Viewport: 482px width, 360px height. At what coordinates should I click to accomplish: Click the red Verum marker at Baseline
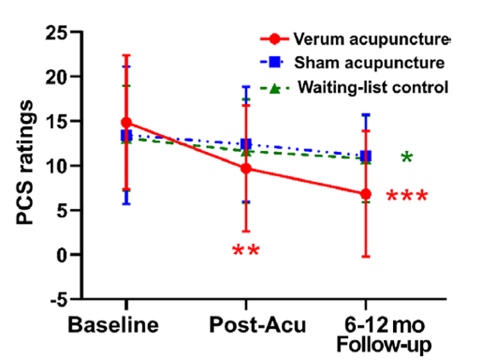pos(126,123)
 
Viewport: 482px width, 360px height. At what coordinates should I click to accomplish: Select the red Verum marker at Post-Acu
pos(246,169)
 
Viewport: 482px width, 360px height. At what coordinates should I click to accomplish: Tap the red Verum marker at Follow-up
pos(365,194)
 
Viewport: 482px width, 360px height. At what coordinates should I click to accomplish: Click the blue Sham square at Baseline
pos(126,136)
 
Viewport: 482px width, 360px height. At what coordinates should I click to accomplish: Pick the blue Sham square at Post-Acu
pos(246,144)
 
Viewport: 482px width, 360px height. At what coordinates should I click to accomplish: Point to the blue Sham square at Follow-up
pos(365,156)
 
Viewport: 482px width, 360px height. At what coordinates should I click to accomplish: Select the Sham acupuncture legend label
pos(369,63)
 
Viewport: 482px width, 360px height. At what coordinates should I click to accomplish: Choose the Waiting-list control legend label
pos(373,87)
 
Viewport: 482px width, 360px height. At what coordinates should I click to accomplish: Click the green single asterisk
pos(406,158)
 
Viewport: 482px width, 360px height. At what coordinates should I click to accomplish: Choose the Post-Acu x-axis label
pos(258,325)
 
